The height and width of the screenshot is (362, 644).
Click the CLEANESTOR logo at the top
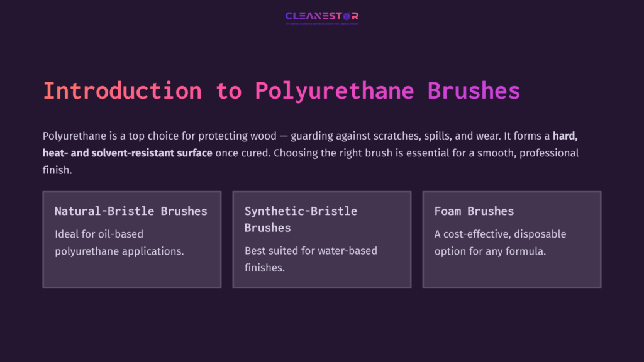[x=321, y=16]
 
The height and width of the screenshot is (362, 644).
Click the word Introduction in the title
[x=122, y=90]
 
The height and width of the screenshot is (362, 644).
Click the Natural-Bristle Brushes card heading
[x=131, y=211]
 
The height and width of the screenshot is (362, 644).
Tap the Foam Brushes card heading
[x=474, y=211]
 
